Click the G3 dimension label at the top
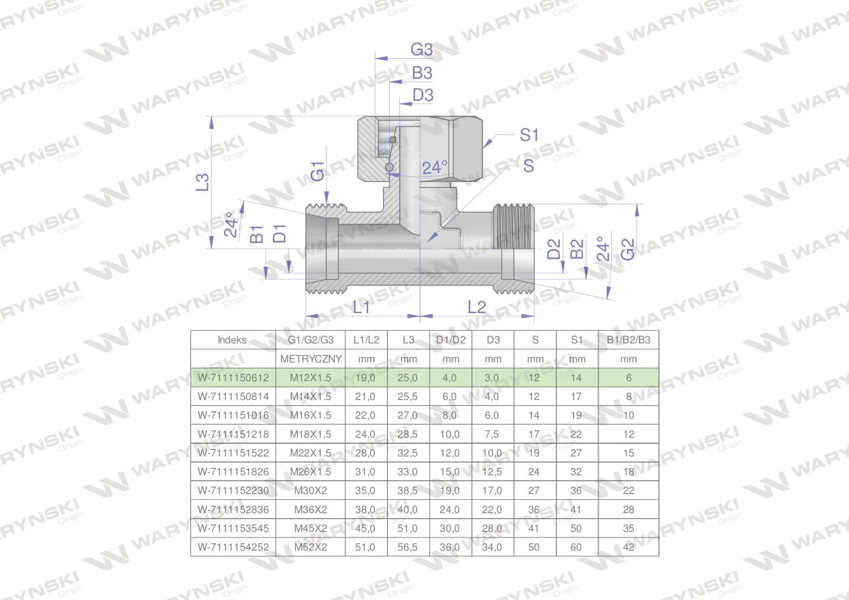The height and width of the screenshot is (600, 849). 422,49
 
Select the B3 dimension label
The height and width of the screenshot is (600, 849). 422,73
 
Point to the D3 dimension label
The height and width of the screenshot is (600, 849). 422,95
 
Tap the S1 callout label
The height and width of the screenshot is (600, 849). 529,135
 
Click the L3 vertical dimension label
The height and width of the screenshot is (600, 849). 202,182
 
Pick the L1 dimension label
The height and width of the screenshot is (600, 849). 361,307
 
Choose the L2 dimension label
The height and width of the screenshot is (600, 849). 477,307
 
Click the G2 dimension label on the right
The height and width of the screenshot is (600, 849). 628,249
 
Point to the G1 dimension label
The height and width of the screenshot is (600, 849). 317,171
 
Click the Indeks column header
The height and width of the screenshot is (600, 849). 232,340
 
